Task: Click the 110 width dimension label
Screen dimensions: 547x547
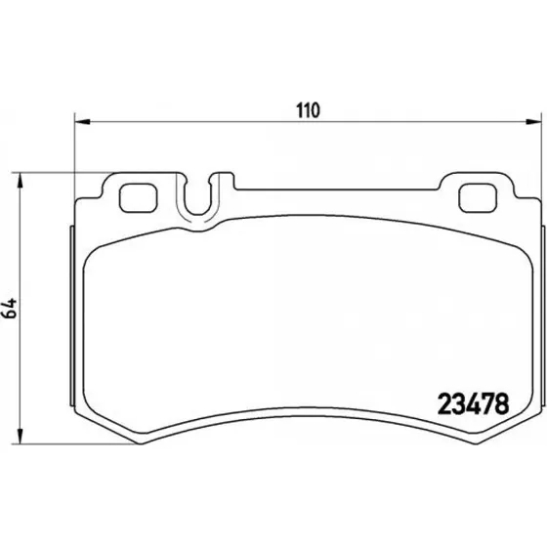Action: tap(308, 110)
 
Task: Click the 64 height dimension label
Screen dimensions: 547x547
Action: tap(10, 308)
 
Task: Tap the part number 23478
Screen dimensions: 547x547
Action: tap(473, 403)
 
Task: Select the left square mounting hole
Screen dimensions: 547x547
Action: tap(138, 197)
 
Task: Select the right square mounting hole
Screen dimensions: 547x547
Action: tap(478, 197)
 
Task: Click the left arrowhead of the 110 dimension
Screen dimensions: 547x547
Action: tap(82, 122)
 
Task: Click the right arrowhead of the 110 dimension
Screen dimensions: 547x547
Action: tap(533, 122)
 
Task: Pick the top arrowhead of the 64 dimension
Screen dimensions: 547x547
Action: tap(21, 181)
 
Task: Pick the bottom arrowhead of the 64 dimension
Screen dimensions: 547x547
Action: tap(21, 436)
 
